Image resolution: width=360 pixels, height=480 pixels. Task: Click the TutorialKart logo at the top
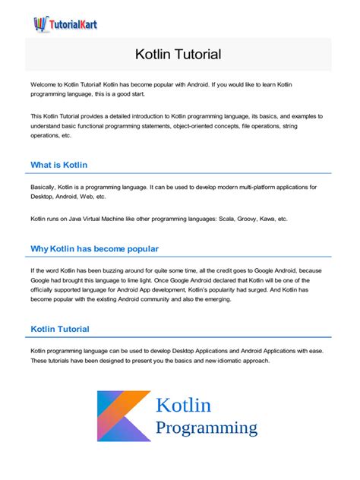tap(66, 23)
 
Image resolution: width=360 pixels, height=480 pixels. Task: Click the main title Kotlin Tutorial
tap(178, 55)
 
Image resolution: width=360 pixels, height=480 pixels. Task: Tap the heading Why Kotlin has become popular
tap(94, 248)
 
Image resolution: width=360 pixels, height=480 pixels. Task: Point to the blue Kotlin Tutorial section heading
tap(60, 329)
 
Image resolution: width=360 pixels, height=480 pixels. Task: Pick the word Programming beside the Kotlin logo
tap(207, 428)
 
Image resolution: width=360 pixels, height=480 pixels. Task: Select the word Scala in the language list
tap(238, 219)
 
